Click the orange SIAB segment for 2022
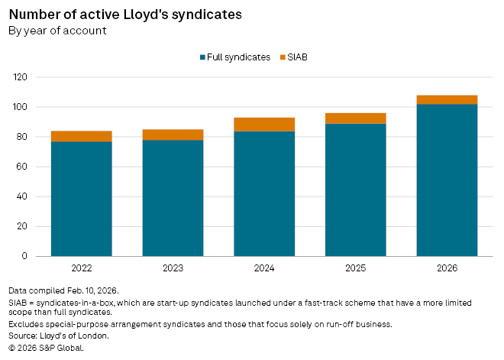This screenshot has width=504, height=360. (x=81, y=136)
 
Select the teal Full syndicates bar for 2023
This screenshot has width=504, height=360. (x=173, y=198)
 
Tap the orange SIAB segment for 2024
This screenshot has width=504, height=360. (x=264, y=125)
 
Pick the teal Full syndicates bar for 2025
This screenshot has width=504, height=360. (x=356, y=190)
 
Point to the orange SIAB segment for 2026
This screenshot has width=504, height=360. (x=447, y=99)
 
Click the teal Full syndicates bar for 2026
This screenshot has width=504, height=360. (x=447, y=180)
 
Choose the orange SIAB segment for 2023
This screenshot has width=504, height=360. (x=173, y=135)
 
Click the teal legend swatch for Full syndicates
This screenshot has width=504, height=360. (x=202, y=57)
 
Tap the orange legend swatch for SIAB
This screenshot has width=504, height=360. (x=282, y=57)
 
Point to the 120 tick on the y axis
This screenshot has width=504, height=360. (x=19, y=77)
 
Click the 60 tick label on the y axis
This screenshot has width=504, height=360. (x=21, y=167)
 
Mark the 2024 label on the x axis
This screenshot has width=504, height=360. (x=264, y=269)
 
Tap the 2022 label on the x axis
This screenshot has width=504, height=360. (x=81, y=269)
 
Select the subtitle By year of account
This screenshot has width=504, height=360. (x=57, y=31)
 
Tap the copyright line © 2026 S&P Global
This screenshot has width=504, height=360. (x=46, y=348)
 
